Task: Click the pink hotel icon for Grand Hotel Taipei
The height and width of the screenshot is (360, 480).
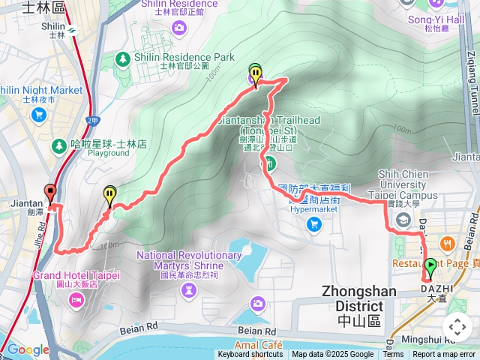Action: pyautogui.click(x=76, y=300)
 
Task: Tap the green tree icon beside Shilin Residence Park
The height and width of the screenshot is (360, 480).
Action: pyautogui.click(x=123, y=58)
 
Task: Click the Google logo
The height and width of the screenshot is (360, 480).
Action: pyautogui.click(x=28, y=349)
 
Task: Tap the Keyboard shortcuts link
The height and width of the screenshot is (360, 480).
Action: pyautogui.click(x=250, y=355)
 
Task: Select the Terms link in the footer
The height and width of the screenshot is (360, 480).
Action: pyautogui.click(x=393, y=355)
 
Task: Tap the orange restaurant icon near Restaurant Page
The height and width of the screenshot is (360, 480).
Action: pyautogui.click(x=448, y=243)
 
